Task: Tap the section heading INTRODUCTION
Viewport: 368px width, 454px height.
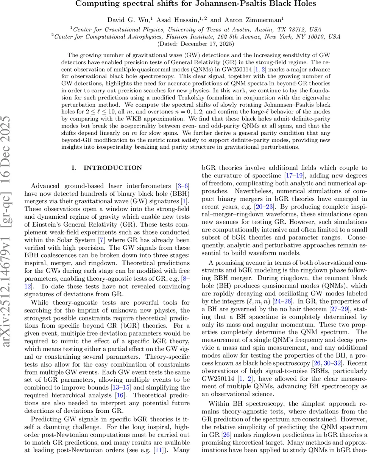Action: (x=113, y=168)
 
